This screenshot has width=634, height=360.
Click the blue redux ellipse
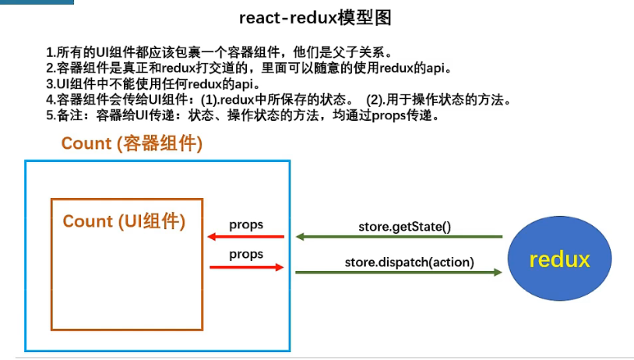click(x=559, y=259)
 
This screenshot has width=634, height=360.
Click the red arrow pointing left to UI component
click(x=245, y=237)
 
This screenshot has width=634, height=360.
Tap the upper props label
click(x=246, y=224)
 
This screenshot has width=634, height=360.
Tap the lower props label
click(x=246, y=254)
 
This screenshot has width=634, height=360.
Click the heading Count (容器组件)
click(x=132, y=143)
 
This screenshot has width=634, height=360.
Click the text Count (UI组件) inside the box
click(x=124, y=221)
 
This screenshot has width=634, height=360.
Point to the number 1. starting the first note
click(x=50, y=53)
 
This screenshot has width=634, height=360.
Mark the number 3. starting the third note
click(x=50, y=84)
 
